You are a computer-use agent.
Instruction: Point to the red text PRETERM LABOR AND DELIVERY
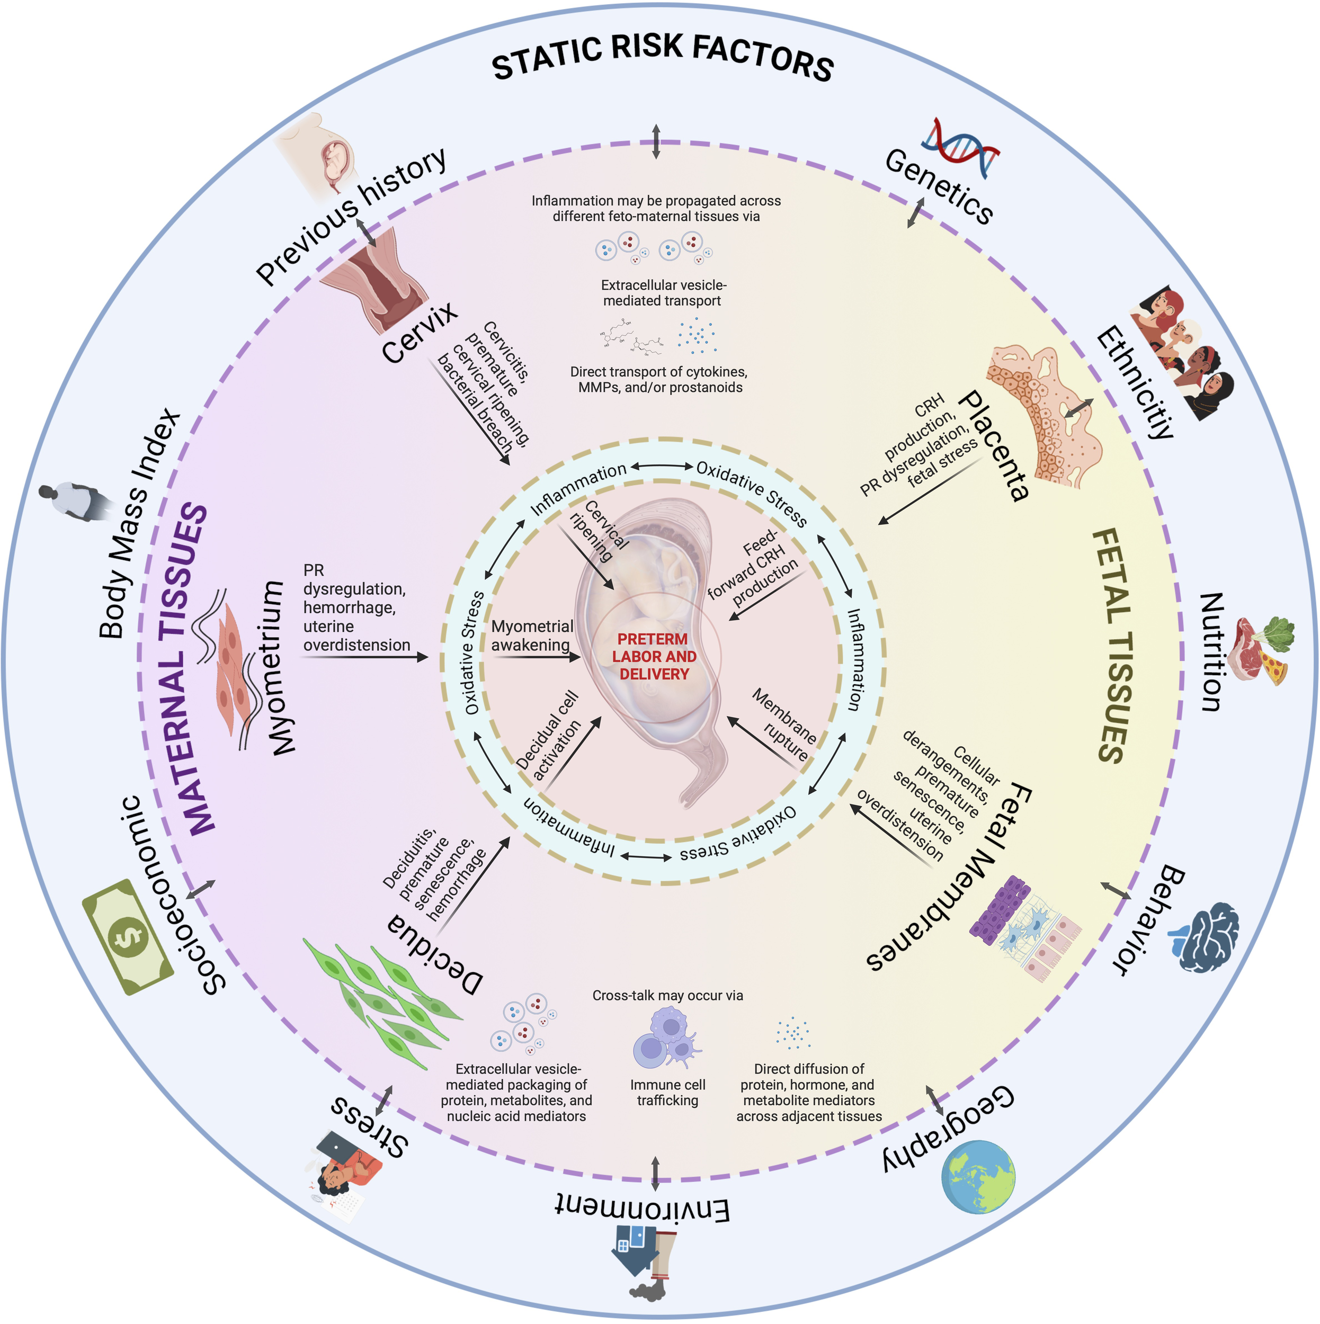654,657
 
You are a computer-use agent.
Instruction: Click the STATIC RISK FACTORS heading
662,58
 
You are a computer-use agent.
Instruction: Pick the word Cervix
420,333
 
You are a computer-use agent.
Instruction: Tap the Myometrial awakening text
532,636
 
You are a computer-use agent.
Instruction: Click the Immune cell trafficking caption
667,1093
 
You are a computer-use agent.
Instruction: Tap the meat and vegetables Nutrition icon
1262,650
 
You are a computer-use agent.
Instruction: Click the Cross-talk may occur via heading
667,995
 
